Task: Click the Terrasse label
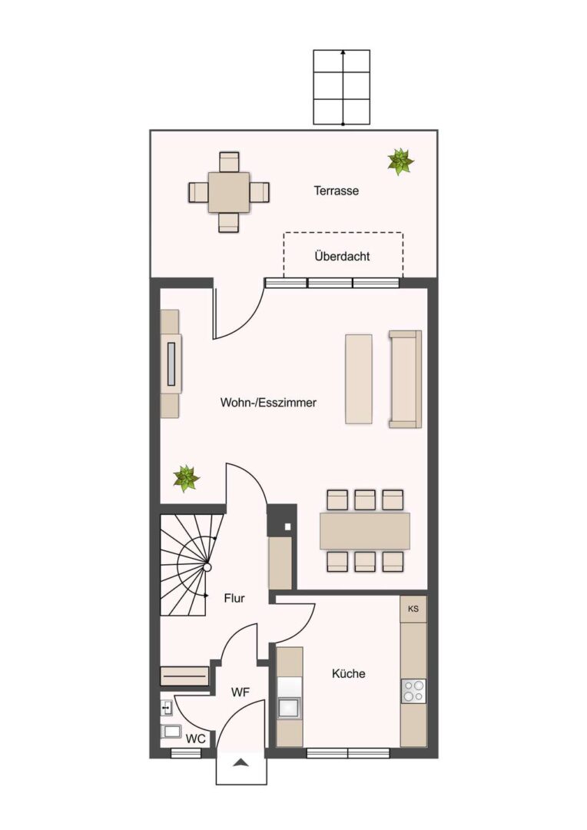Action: pyautogui.click(x=336, y=191)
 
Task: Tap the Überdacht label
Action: pyautogui.click(x=342, y=256)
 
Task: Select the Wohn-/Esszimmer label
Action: pyautogui.click(x=268, y=402)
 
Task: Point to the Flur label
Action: pyautogui.click(x=234, y=598)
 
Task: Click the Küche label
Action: pyautogui.click(x=348, y=673)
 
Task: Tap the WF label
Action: pyautogui.click(x=240, y=692)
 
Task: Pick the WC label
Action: pyautogui.click(x=195, y=739)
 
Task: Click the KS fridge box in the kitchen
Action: pyautogui.click(x=413, y=609)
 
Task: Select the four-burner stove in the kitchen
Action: pyautogui.click(x=413, y=691)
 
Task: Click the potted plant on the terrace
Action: pyautogui.click(x=400, y=161)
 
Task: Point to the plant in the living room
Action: pyautogui.click(x=186, y=479)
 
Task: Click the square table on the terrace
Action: pyautogui.click(x=229, y=192)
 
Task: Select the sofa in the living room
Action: pyautogui.click(x=406, y=379)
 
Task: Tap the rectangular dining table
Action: pyautogui.click(x=365, y=530)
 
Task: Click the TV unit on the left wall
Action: pyautogui.click(x=171, y=364)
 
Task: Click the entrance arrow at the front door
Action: pyautogui.click(x=240, y=762)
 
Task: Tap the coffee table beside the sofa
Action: pyautogui.click(x=358, y=378)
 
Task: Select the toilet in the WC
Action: pyautogui.click(x=171, y=732)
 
